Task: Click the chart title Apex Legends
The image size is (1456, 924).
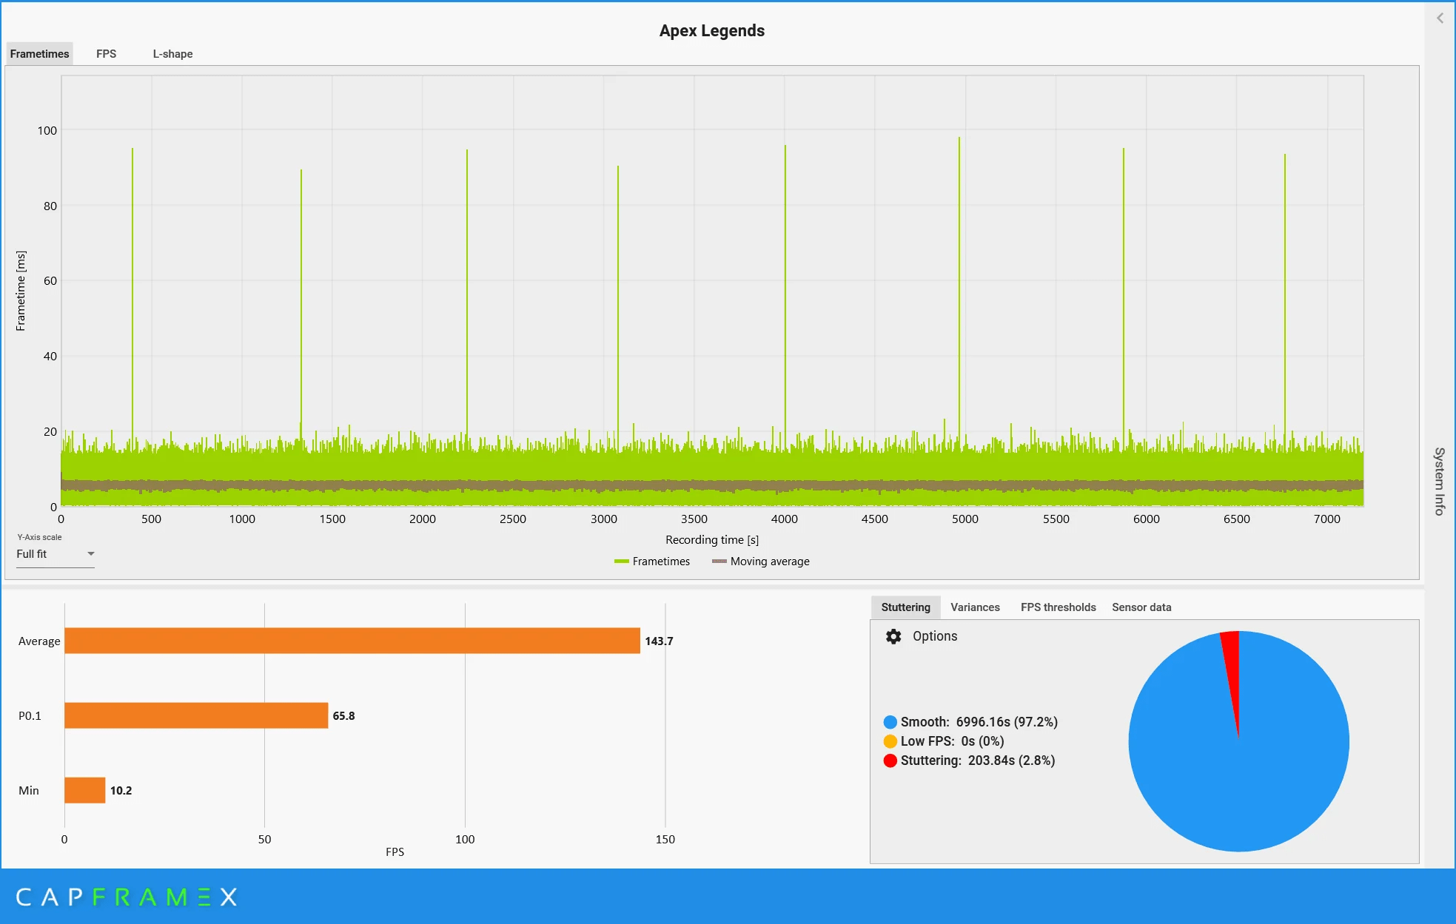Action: pos(711,30)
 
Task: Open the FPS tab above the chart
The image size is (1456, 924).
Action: pos(106,54)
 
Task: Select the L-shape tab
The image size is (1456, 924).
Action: pos(172,54)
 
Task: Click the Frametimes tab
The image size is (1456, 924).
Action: pos(40,54)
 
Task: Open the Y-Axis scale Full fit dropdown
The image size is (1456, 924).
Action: pos(56,554)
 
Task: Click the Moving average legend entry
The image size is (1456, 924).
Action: pos(761,562)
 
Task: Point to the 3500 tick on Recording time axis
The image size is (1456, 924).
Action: pos(694,519)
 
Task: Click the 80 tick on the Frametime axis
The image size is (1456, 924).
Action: pos(50,206)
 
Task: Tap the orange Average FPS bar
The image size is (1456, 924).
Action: pos(352,641)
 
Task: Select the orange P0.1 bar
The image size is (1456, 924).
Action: pos(196,715)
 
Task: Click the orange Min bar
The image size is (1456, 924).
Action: pos(84,790)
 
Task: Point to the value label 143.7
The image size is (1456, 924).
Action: pos(659,641)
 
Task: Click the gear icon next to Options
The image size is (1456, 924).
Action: pos(893,636)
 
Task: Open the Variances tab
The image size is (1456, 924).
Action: pos(975,607)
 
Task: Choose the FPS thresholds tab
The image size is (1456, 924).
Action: pos(1058,607)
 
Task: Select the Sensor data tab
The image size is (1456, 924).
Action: pos(1141,607)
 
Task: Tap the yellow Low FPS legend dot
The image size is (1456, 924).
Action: pos(890,741)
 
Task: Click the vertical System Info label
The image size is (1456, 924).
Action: pos(1440,481)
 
